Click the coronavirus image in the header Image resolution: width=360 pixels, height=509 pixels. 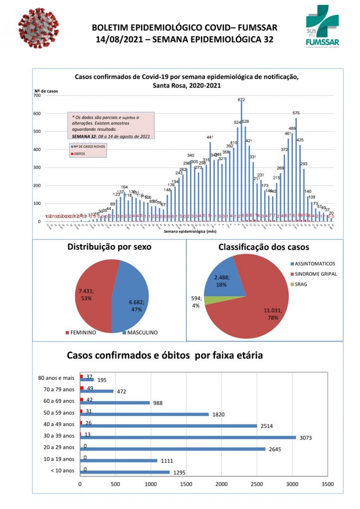coord(38,31)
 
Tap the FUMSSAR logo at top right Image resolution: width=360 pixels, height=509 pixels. coord(323,29)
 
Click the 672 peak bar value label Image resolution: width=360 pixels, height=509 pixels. coord(242,99)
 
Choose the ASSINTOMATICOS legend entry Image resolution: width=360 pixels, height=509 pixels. coord(314,263)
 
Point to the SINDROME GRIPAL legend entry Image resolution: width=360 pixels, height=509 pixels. coord(315,273)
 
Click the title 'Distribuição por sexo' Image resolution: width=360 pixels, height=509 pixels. coord(109,247)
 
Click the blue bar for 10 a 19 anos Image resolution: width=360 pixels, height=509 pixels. coord(119,461)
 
